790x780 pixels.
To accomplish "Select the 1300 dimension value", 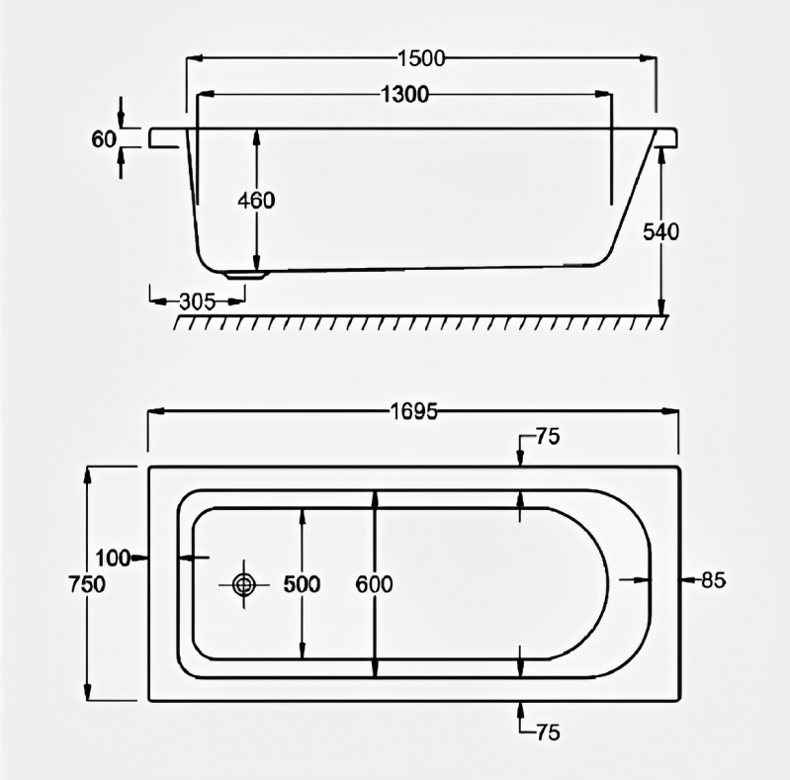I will [403, 95].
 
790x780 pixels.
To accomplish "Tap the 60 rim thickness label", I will [104, 138].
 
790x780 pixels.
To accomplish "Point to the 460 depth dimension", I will [256, 200].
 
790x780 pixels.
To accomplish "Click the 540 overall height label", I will [660, 232].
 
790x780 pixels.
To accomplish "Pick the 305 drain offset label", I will [198, 302].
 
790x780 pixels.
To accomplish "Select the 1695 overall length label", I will [413, 412].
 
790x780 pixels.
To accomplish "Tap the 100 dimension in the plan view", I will [114, 559].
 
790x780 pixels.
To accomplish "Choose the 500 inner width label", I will [302, 584].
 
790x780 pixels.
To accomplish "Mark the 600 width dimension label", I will [374, 584].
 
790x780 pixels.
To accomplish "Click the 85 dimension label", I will [713, 580].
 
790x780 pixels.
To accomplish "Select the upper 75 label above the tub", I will [546, 436].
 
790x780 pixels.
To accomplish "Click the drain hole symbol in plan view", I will [243, 584].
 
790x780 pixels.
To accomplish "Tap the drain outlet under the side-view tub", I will [243, 275].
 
